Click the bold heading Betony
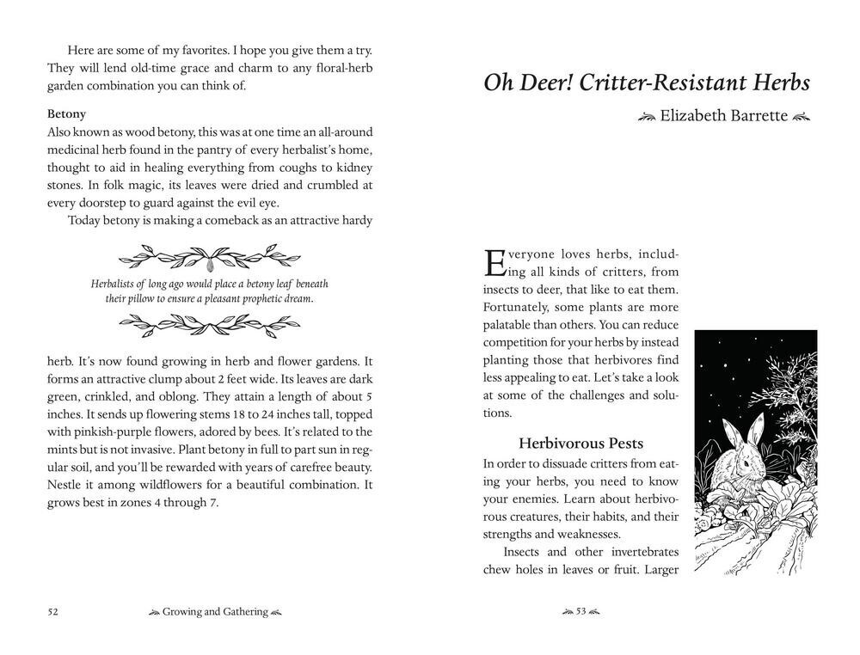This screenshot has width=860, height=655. [66, 113]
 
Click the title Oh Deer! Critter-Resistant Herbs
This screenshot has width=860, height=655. [646, 83]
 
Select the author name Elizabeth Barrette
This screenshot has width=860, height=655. [723, 115]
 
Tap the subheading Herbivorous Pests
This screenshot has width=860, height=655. [580, 444]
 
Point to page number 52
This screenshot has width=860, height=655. [52, 612]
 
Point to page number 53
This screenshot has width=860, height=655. [580, 612]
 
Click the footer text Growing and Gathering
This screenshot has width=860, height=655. [215, 612]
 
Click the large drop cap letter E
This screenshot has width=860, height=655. [494, 261]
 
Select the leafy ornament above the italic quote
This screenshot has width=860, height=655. [210, 255]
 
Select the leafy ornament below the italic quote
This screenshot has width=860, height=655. [210, 325]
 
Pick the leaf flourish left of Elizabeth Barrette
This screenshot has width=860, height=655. [647, 116]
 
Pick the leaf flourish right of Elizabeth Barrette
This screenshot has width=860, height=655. [801, 116]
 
